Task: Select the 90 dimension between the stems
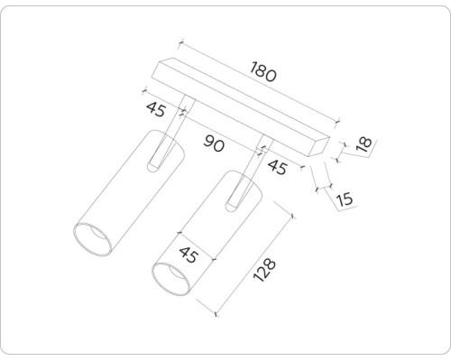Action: coord(214,143)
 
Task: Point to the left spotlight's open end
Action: coord(92,238)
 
